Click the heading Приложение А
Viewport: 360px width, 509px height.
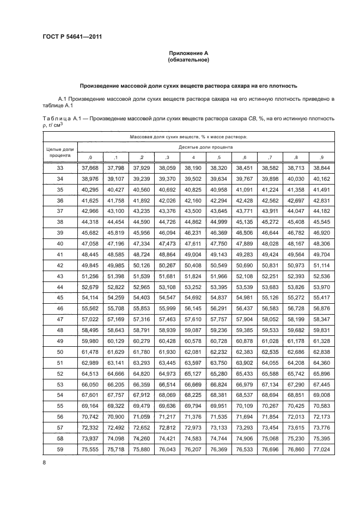pyautogui.click(x=188, y=53)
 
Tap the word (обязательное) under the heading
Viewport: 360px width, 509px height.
pyautogui.click(x=188, y=60)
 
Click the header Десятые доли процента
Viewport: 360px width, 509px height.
pyautogui.click(x=205, y=147)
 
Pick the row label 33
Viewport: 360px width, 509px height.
pyautogui.click(x=60, y=168)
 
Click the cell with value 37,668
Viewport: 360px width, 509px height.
pyautogui.click(x=89, y=168)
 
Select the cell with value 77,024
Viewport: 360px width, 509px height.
pyautogui.click(x=321, y=450)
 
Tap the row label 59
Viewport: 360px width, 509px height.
pyautogui.click(x=60, y=450)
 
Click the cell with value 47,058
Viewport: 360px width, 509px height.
pyautogui.click(x=89, y=244)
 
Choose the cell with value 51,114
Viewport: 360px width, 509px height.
pyautogui.click(x=321, y=266)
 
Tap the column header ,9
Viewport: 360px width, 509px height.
pyautogui.click(x=321, y=157)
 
